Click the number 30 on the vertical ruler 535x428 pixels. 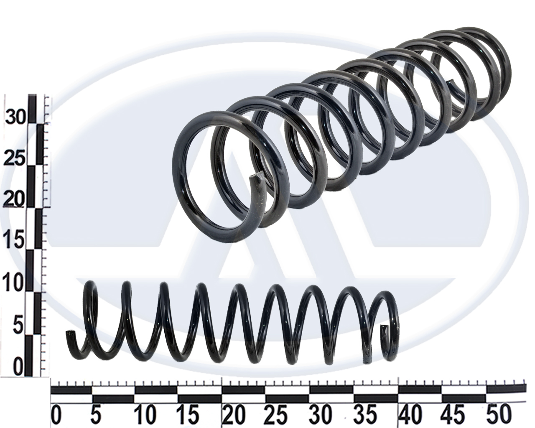pyautogui.click(x=15, y=116)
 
